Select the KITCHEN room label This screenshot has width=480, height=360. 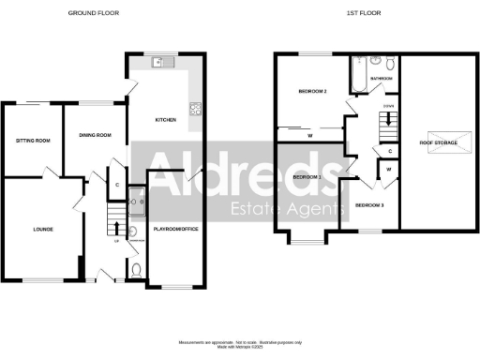coord(166,120)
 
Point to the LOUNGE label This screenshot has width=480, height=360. coord(42,228)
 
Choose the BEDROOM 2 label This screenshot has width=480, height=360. coord(311,92)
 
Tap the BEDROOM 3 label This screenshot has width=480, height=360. coord(370,204)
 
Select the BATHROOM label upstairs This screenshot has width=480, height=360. coord(381,79)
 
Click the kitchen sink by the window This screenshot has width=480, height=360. coord(158,62)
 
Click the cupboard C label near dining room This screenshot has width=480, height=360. coord(116,184)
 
